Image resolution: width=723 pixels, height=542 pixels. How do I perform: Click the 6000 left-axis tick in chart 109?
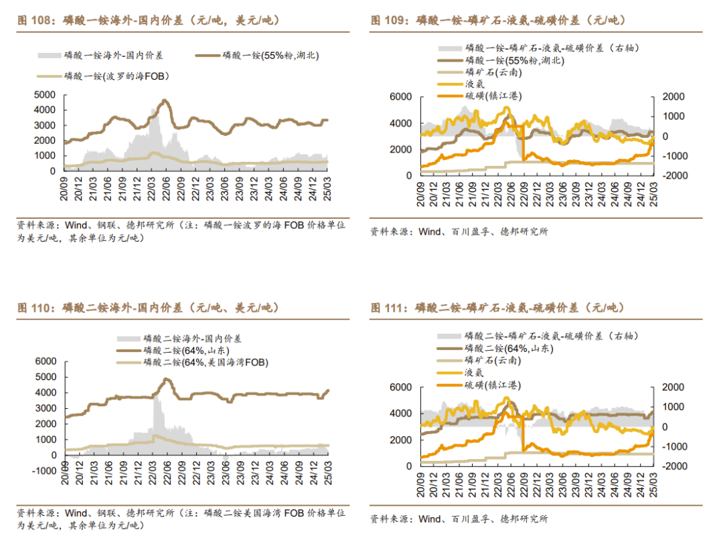click(400, 97)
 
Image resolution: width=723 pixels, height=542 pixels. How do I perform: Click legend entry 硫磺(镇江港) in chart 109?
click(493, 96)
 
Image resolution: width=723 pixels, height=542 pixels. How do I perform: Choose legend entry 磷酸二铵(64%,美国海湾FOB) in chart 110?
click(205, 362)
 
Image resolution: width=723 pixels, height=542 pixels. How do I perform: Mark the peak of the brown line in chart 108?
click(165, 101)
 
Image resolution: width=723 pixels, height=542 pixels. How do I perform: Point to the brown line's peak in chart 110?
click(166, 379)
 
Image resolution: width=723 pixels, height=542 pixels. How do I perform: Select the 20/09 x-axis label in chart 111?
click(422, 479)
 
